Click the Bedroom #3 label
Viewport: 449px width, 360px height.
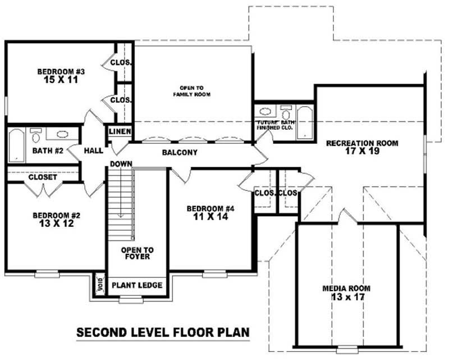61,71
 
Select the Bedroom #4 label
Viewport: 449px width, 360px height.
210,209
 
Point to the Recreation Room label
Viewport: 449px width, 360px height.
362,143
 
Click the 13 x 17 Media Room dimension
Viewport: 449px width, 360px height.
346,297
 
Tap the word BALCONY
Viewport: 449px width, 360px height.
180,153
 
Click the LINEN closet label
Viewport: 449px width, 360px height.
120,131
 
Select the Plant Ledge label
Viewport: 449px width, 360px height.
137,285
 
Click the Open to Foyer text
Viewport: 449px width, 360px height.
137,253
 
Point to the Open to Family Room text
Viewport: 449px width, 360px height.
195,92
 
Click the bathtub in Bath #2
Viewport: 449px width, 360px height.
17,145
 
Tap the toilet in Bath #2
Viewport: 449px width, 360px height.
37,135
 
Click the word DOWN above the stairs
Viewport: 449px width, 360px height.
121,163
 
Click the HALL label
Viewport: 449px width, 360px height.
93,151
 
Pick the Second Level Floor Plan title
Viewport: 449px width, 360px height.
163,332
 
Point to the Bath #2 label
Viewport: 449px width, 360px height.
46,151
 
